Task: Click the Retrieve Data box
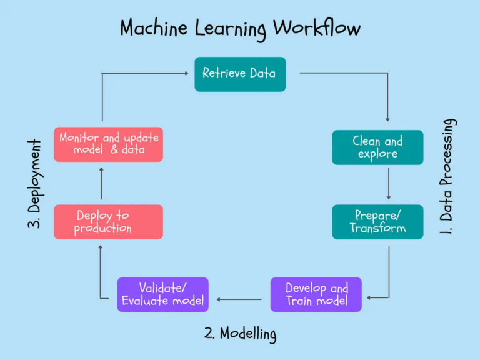[239, 74]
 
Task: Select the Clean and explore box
[377, 147]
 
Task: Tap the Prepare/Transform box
[377, 222]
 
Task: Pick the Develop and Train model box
[316, 294]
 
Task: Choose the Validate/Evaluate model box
[162, 294]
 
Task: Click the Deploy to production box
[108, 222]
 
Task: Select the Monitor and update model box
[108, 144]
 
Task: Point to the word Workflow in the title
[317, 29]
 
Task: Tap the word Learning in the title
[232, 29]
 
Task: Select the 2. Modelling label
[240, 333]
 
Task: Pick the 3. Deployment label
[35, 183]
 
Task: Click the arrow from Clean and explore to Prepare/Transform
[389, 184]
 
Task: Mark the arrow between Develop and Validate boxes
[239, 299]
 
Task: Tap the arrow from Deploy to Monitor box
[101, 183]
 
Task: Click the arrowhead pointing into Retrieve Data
[186, 73]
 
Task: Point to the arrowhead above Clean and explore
[389, 119]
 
